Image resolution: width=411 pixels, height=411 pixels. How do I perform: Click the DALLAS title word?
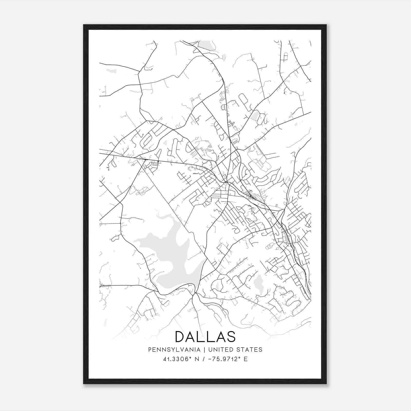click(205, 337)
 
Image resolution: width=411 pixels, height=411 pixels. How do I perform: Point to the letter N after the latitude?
click(197, 359)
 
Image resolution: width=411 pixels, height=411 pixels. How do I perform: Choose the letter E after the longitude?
click(246, 359)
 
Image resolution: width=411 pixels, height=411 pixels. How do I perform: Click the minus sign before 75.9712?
click(211, 359)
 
